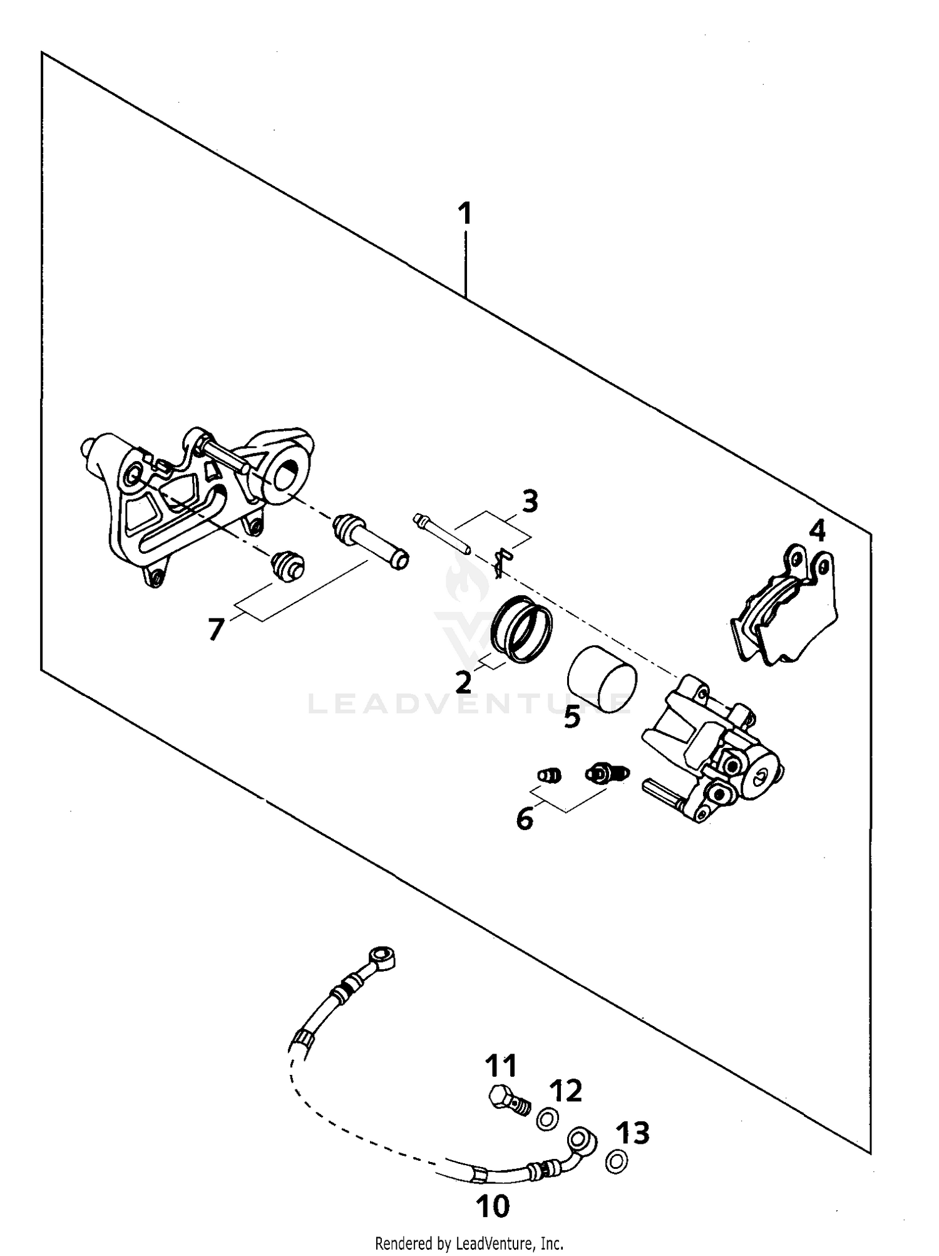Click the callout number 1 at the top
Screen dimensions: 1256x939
(464, 214)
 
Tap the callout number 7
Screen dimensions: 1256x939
(216, 629)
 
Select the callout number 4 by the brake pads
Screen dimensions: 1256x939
(817, 531)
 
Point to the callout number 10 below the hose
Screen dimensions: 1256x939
(493, 1206)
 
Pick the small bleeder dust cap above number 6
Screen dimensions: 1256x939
(550, 776)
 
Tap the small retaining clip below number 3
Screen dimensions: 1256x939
(502, 562)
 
